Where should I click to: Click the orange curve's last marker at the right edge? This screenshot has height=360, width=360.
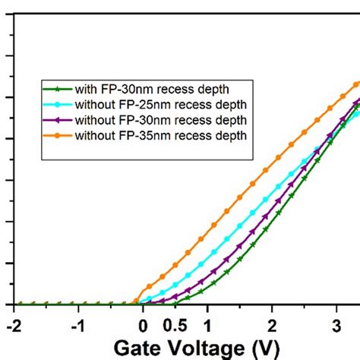(355, 84)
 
